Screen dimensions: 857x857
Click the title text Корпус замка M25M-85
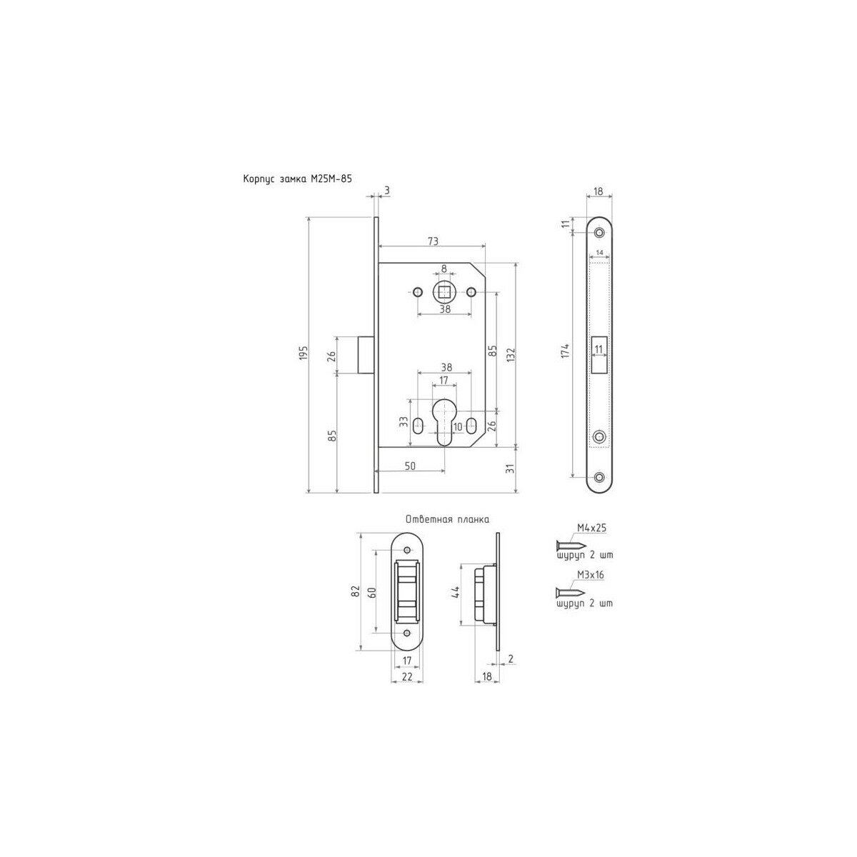pos(296,181)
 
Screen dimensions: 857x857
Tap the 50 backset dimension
pos(410,466)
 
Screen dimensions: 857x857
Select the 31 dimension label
pos(510,468)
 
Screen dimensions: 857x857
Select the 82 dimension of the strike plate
pos(355,590)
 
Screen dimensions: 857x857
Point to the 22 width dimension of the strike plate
pos(407,676)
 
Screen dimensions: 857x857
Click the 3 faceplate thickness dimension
pos(386,191)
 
